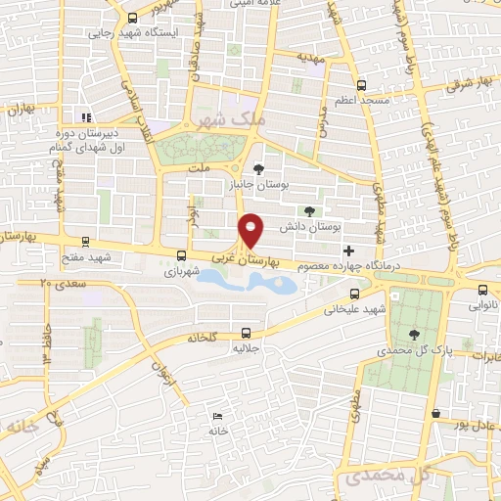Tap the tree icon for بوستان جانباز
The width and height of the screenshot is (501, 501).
pos(259,165)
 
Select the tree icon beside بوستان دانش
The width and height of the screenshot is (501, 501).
pos(310,209)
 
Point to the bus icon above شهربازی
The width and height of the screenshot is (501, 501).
pos(178,256)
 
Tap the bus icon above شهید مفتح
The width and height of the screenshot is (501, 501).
pos(85,241)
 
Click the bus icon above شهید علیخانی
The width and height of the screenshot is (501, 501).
pos(354,293)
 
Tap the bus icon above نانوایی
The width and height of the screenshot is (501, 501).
pos(482,289)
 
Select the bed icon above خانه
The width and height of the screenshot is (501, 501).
pos(215,417)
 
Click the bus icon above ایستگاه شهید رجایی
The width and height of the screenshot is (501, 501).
pos(133,18)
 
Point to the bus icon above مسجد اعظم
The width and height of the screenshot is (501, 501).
pos(362,85)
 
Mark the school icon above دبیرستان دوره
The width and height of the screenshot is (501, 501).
pos(86,118)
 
